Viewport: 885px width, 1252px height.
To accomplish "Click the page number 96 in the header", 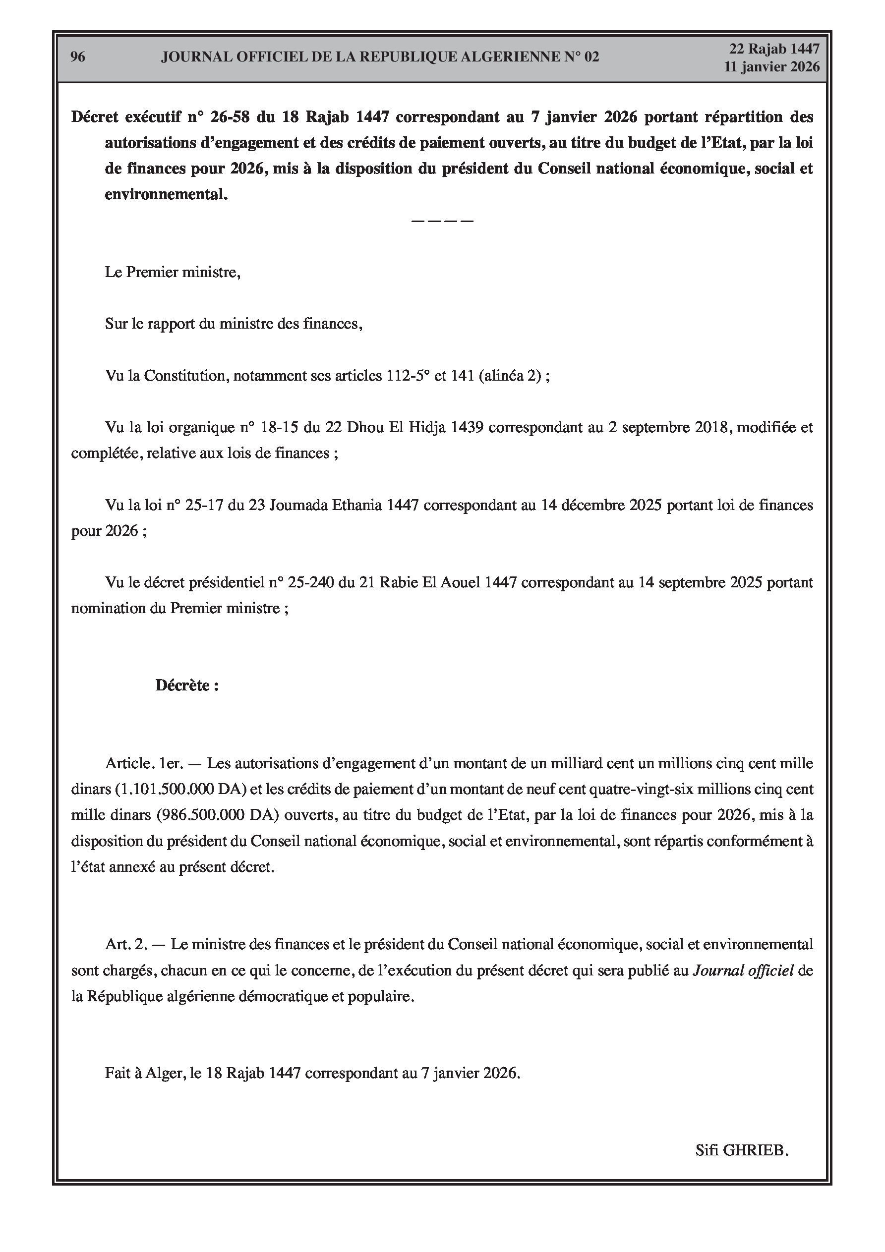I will pos(78,57).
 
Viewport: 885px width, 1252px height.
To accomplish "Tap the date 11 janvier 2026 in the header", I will pos(771,66).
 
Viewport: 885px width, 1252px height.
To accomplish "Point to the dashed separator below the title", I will pos(442,221).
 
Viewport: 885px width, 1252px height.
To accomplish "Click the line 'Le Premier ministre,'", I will pos(173,272).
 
